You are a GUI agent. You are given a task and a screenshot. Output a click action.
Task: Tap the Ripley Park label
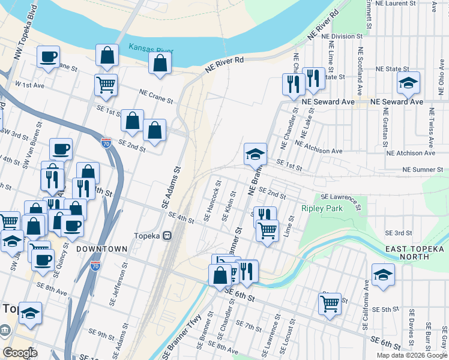coord(321,209)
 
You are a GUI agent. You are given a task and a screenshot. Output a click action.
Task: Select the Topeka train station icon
coord(169,235)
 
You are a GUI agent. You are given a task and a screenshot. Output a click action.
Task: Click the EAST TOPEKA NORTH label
coord(416,253)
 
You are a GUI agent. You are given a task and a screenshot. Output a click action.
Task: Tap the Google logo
coord(20,353)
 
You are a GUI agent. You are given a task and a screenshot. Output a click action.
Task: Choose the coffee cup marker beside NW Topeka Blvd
coord(49,58)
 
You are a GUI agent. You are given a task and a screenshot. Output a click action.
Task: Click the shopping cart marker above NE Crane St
coord(106,85)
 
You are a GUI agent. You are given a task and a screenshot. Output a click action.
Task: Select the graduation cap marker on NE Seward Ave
coord(408,83)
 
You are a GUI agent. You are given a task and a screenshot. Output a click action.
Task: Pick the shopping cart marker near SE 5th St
coord(330,304)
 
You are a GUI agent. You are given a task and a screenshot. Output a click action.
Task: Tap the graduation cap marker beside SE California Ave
coord(383,275)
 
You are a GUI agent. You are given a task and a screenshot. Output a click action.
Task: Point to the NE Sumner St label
coord(423,170)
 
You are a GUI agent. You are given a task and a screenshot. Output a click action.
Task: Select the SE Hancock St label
coord(213,201)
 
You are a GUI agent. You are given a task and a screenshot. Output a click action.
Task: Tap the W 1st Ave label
coord(30,85)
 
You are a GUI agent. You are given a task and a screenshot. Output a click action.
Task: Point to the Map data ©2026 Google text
coord(412,355)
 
